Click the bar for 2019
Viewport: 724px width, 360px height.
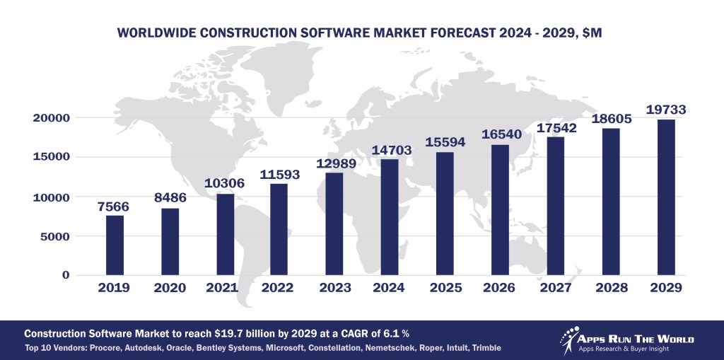tap(115, 245)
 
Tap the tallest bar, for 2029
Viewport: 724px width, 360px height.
tap(666, 197)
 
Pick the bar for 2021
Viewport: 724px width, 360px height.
tap(225, 234)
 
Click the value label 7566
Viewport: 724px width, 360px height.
tap(115, 206)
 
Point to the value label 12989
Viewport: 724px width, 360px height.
tap(335, 163)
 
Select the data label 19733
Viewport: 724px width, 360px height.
tap(666, 110)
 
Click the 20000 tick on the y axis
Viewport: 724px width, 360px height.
tap(51, 117)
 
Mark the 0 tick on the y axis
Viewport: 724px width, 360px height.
tap(66, 275)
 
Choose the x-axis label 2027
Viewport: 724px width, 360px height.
tap(556, 288)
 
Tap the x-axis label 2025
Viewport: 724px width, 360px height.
tap(445, 288)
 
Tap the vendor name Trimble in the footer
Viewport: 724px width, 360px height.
tap(486, 348)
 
